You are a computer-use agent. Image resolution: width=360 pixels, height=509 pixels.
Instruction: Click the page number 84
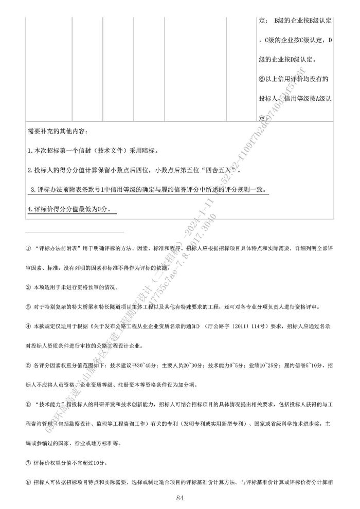179,498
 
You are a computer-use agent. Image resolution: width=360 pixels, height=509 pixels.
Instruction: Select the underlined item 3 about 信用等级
149,190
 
